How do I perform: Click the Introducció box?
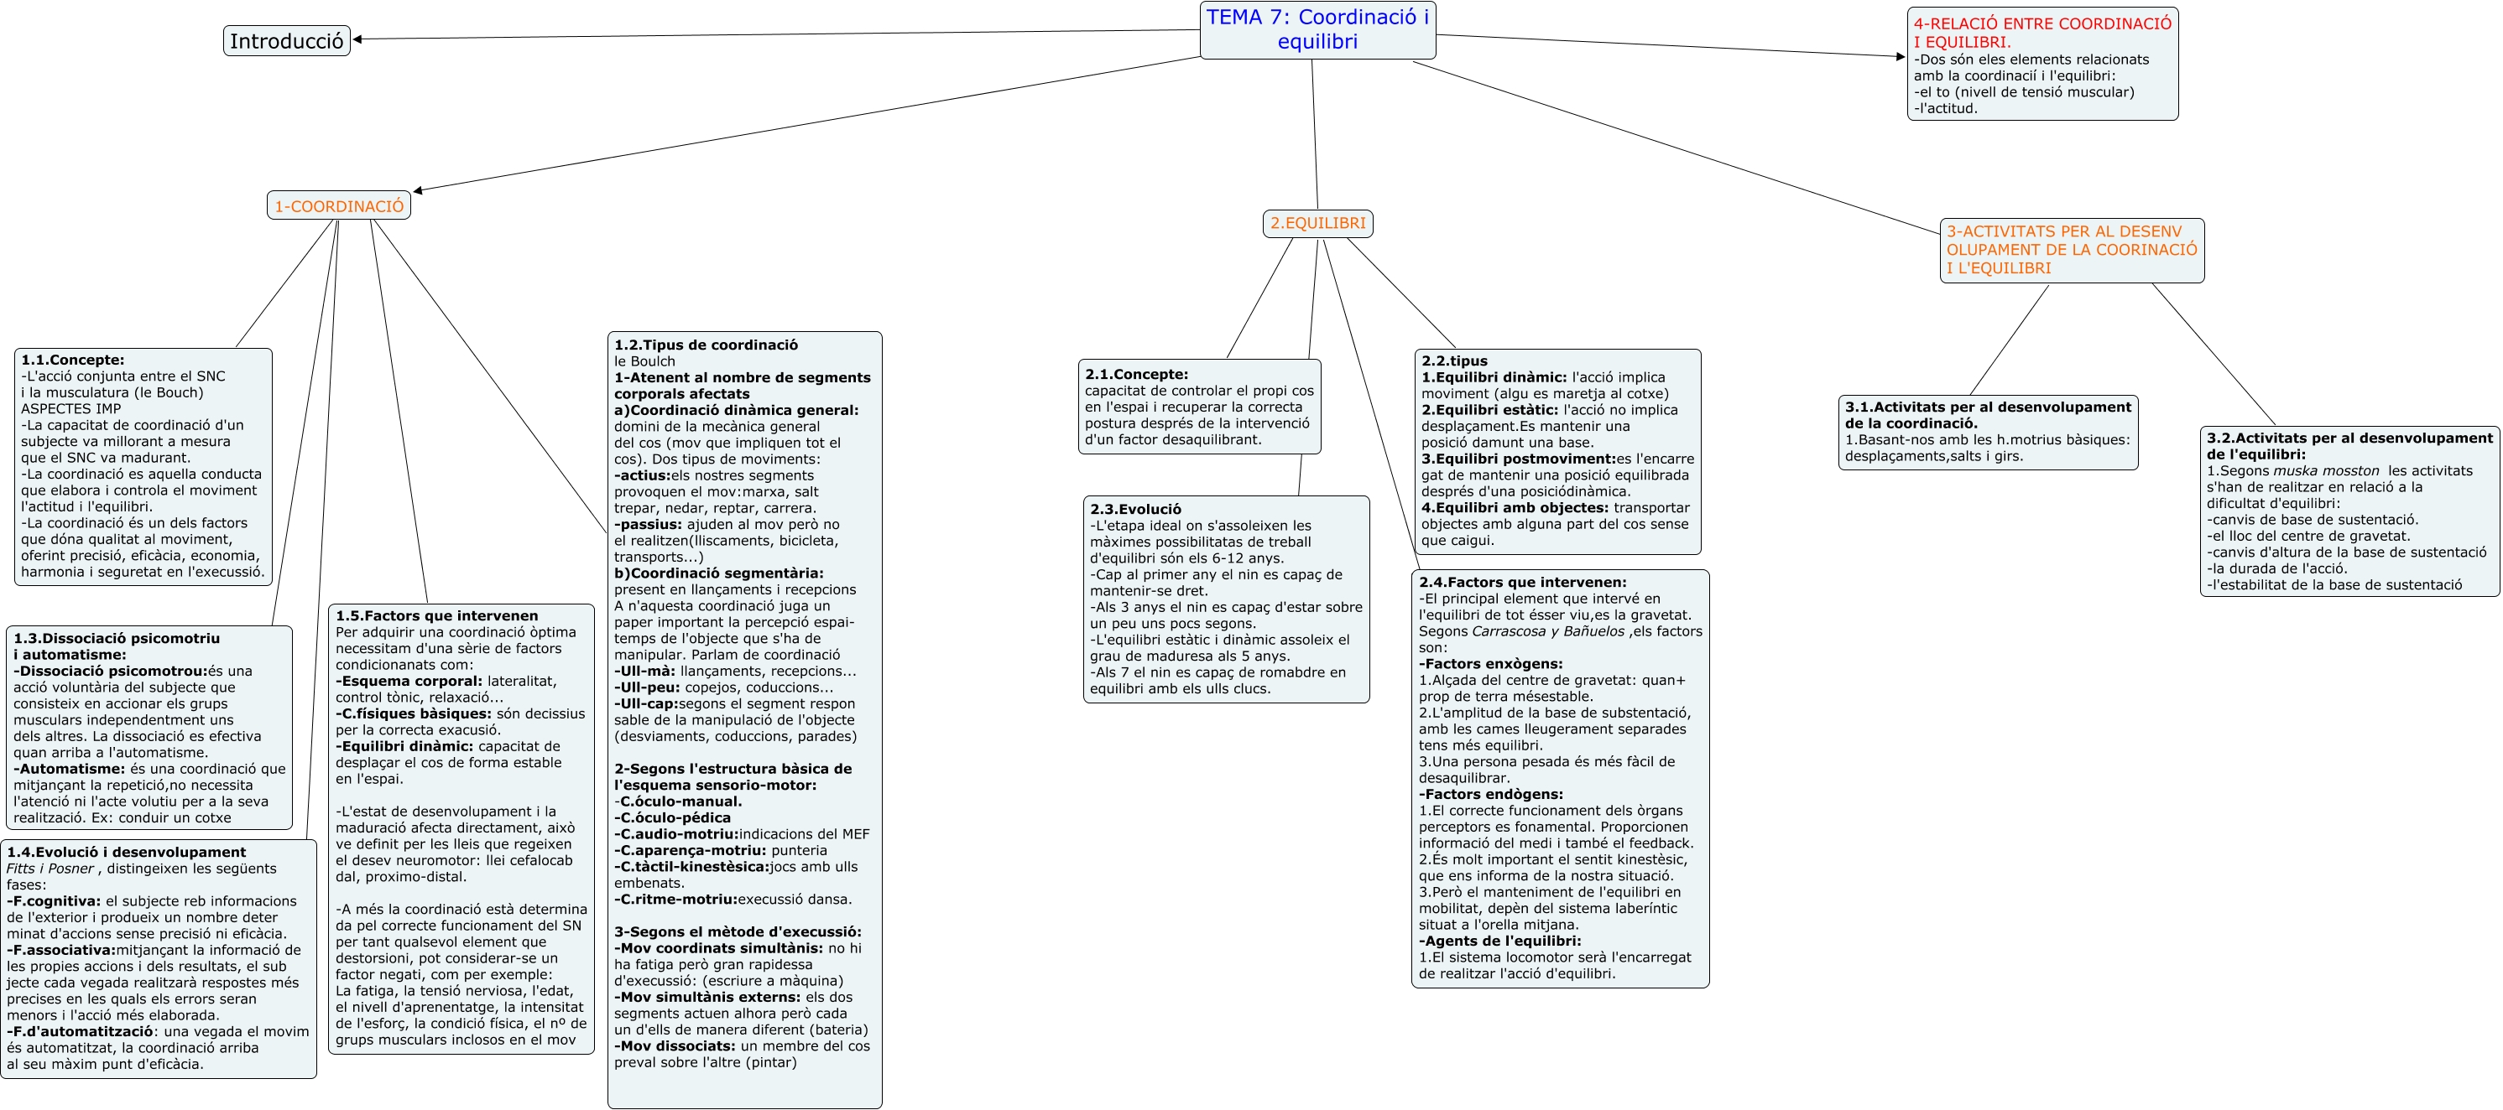[287, 41]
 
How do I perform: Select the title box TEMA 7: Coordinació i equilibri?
[1317, 29]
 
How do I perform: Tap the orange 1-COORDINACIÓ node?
[338, 206]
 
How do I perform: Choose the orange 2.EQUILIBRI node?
[1317, 223]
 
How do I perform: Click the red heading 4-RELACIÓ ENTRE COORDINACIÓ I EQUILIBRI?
[2042, 32]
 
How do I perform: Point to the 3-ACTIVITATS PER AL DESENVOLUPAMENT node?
[2071, 250]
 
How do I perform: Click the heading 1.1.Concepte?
[73, 360]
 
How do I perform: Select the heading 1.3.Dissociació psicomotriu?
[117, 639]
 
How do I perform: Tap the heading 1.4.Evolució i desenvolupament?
[127, 853]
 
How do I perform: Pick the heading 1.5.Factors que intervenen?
[436, 615]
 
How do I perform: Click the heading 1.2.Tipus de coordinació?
[706, 345]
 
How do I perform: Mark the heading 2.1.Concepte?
[1136, 374]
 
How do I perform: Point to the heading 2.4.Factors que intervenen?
[1521, 583]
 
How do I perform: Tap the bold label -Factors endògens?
[1490, 795]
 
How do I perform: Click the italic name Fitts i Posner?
[50, 869]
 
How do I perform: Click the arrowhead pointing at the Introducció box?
[357, 39]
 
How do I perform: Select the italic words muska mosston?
[2325, 471]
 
